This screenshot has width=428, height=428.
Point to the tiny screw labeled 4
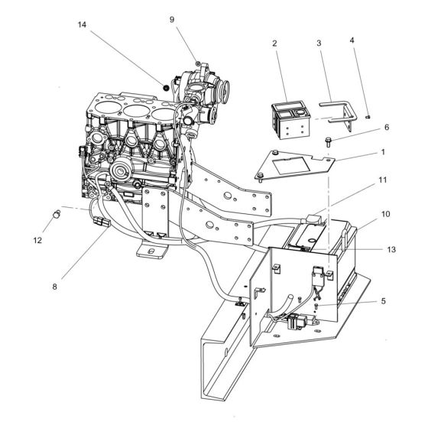click(368, 116)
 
